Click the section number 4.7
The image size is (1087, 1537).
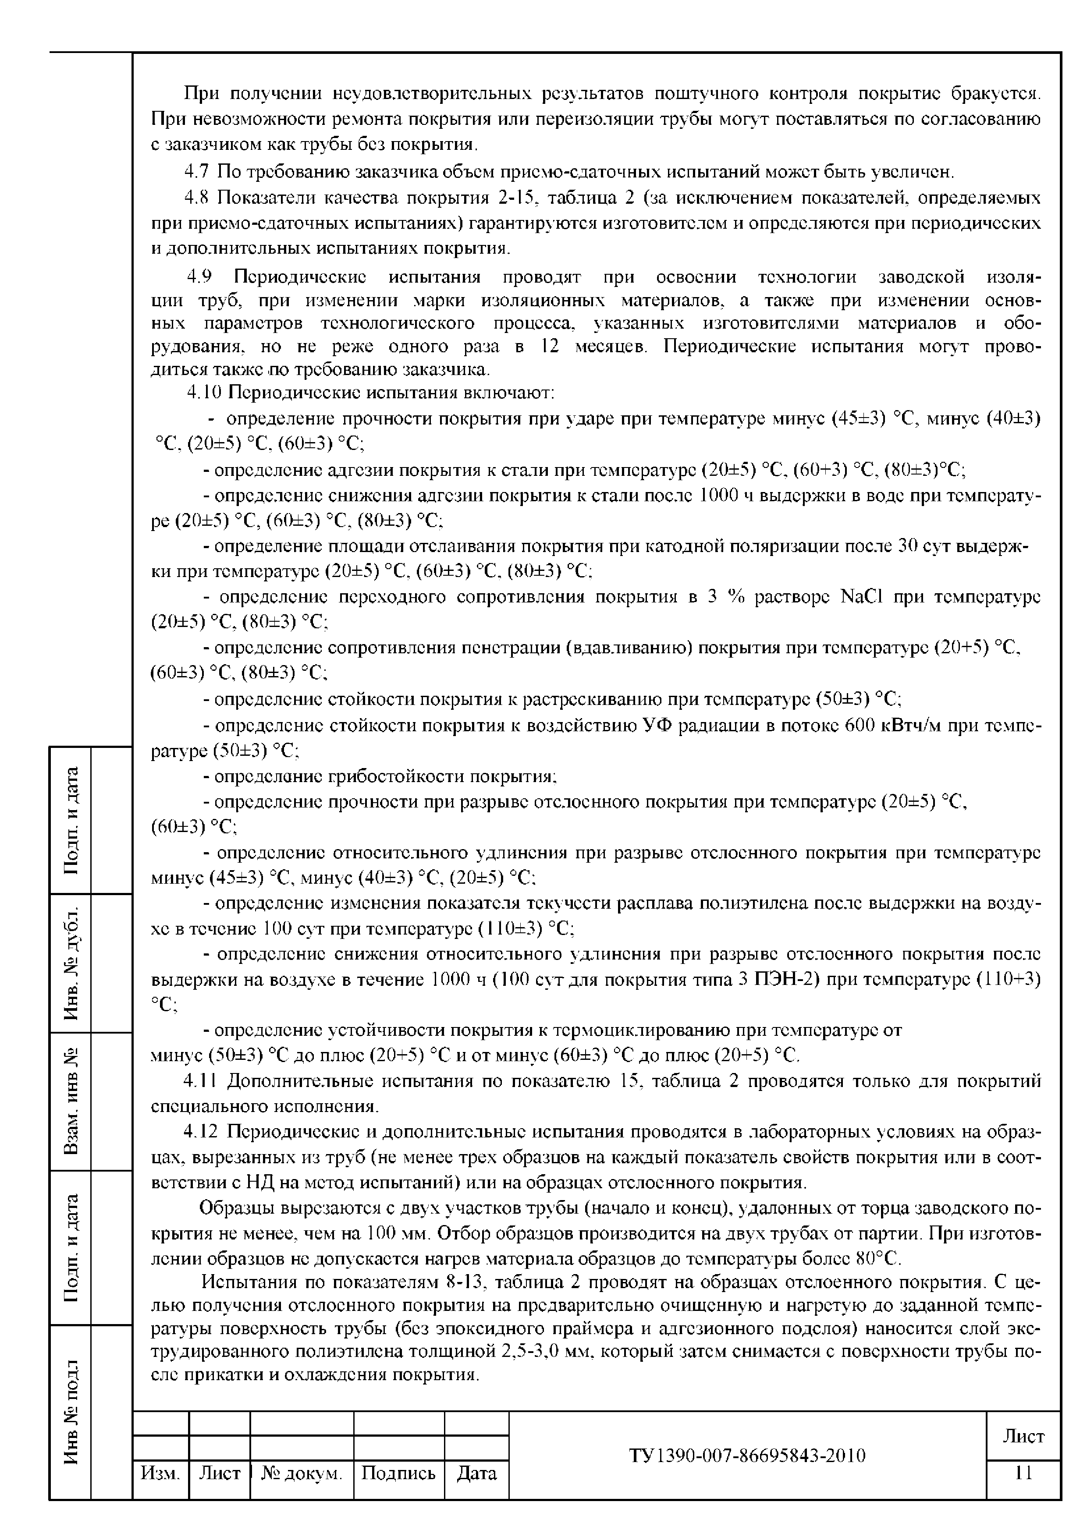(x=197, y=172)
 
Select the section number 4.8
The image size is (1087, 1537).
(x=197, y=198)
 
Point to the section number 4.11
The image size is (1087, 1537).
(x=199, y=1081)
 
